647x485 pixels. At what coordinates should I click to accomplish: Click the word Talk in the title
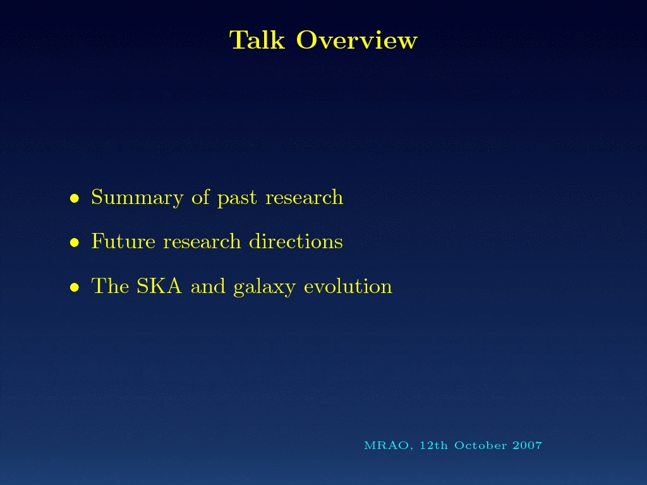pyautogui.click(x=257, y=40)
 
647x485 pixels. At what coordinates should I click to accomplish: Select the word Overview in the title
pyautogui.click(x=357, y=40)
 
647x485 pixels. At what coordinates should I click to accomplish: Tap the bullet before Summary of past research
pyautogui.click(x=75, y=198)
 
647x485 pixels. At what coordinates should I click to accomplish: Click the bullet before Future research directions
pyautogui.click(x=75, y=242)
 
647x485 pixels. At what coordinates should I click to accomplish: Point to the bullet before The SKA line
pyautogui.click(x=75, y=287)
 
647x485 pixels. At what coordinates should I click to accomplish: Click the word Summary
pyautogui.click(x=137, y=198)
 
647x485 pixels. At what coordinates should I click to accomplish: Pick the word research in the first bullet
pyautogui.click(x=304, y=197)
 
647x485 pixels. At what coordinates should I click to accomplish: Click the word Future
pyautogui.click(x=123, y=241)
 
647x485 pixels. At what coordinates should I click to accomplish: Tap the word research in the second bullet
pyautogui.click(x=202, y=241)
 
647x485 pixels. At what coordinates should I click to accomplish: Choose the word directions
pyautogui.click(x=296, y=241)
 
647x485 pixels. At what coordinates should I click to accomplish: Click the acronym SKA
pyautogui.click(x=159, y=286)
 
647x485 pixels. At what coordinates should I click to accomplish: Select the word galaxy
pyautogui.click(x=265, y=287)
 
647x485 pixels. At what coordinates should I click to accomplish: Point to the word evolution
pyautogui.click(x=348, y=286)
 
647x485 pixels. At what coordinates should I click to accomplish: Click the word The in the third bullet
pyautogui.click(x=110, y=286)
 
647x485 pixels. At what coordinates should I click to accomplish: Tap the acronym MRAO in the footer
pyautogui.click(x=387, y=446)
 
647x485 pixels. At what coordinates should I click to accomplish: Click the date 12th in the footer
pyautogui.click(x=433, y=445)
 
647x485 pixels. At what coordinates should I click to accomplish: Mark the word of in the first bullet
pyautogui.click(x=200, y=197)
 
